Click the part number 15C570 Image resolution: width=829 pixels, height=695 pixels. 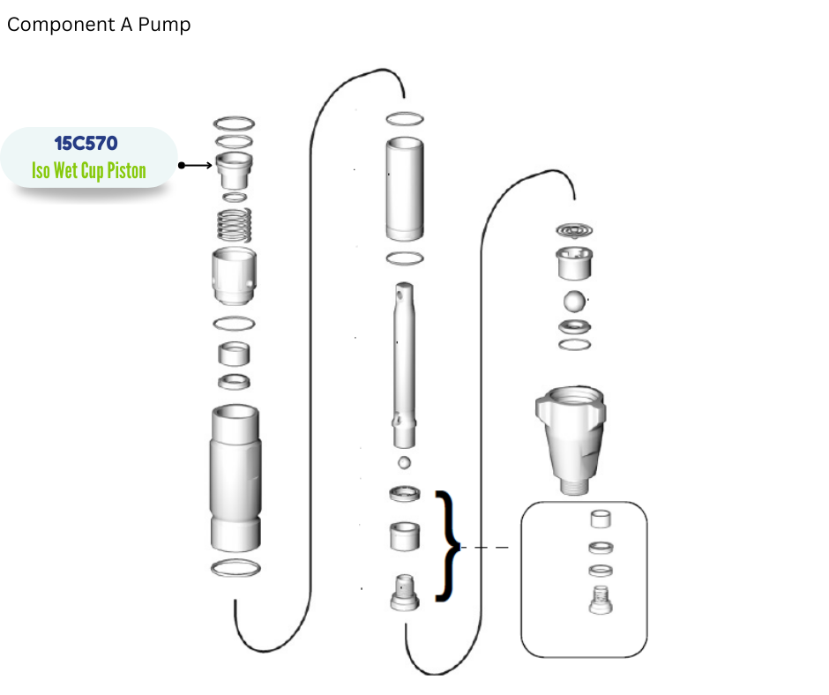[x=86, y=144]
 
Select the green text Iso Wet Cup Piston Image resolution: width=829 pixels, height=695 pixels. [x=89, y=171]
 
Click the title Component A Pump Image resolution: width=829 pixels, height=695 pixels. [x=99, y=25]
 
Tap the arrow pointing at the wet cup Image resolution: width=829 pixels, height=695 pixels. [x=195, y=166]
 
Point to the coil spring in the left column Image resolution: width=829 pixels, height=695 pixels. [x=235, y=225]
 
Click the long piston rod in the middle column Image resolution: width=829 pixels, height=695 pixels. [x=404, y=365]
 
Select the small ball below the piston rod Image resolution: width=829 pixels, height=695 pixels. [x=405, y=463]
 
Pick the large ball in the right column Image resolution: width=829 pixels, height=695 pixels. [x=575, y=301]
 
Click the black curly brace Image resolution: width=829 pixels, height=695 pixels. [x=447, y=546]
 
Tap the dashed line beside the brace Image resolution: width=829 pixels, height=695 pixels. [x=485, y=548]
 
